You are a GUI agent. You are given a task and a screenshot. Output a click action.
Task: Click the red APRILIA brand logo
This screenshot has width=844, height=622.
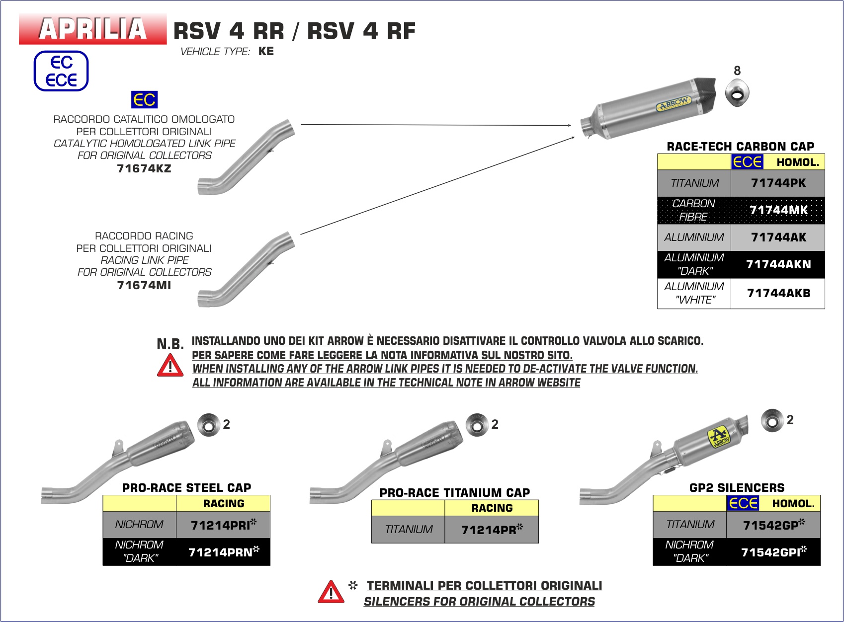click(x=93, y=29)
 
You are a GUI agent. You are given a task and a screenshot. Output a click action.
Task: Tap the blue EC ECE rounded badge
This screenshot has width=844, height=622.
click(x=61, y=71)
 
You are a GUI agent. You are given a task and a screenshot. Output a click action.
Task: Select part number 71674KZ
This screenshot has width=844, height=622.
click(x=144, y=168)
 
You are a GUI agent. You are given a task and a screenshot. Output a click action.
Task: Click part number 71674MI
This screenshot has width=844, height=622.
click(x=144, y=285)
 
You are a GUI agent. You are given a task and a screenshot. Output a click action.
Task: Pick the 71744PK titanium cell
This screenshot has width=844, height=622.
click(x=778, y=183)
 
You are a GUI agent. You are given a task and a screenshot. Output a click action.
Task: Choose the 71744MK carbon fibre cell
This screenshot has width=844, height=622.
click(x=778, y=210)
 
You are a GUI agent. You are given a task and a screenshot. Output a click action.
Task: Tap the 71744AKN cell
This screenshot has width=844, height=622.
click(x=778, y=264)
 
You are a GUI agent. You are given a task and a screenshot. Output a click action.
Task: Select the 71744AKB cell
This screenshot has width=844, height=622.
click(x=778, y=293)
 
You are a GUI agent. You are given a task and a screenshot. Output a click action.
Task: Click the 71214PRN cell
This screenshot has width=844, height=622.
click(x=223, y=552)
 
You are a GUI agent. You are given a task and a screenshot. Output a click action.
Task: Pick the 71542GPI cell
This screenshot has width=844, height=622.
click(x=773, y=552)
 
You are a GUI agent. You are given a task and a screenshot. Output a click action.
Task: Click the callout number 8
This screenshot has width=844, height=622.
click(x=737, y=71)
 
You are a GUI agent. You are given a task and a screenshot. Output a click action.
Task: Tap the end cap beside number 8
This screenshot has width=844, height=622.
click(x=737, y=93)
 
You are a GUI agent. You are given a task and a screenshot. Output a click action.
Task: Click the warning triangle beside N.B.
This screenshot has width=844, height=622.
click(x=170, y=366)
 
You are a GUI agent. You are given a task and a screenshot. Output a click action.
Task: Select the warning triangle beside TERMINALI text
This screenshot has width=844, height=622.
click(x=331, y=592)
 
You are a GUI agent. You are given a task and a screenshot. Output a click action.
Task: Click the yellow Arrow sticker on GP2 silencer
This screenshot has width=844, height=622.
click(x=719, y=437)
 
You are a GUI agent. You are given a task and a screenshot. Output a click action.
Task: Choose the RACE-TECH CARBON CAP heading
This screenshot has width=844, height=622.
click(x=740, y=147)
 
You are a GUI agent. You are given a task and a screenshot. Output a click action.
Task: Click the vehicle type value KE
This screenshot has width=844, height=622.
click(x=266, y=51)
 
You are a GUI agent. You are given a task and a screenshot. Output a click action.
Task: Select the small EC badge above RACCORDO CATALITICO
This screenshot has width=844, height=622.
click(x=144, y=100)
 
